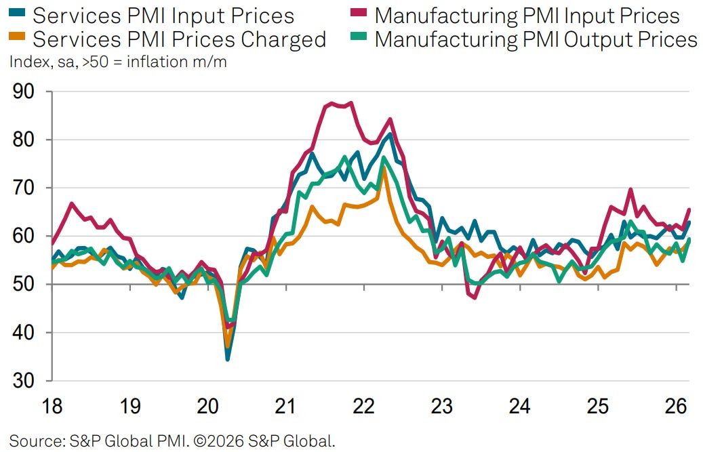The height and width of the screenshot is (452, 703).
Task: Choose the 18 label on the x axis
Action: [52, 407]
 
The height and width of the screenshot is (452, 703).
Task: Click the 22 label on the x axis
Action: [364, 407]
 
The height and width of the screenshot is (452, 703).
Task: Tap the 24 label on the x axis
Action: [520, 407]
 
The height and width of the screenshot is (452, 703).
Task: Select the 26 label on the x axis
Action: [676, 407]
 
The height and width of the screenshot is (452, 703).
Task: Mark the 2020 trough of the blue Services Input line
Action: [227, 358]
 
